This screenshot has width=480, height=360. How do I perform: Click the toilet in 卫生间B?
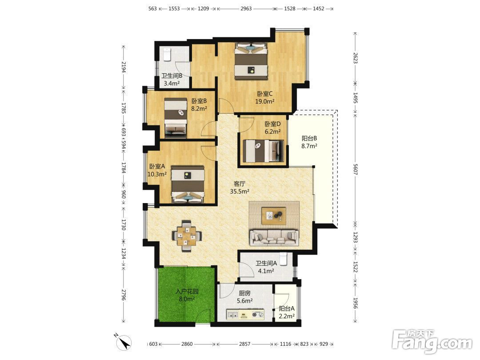[167, 55]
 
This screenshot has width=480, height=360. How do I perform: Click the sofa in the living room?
[274, 237]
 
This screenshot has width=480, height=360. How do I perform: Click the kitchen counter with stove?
[245, 314]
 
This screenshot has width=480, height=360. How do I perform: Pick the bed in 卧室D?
[263, 151]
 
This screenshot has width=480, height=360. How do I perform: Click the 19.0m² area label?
[265, 101]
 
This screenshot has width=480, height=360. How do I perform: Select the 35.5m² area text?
[240, 192]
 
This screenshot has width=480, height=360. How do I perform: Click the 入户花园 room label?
[187, 292]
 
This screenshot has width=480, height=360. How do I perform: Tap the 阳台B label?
[309, 138]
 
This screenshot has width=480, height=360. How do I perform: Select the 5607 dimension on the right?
[355, 169]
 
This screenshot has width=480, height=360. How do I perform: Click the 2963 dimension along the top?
[246, 8]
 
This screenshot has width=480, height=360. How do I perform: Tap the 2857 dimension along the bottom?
[244, 344]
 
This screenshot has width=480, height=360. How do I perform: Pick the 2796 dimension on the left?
[124, 295]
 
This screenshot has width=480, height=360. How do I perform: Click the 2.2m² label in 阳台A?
[287, 316]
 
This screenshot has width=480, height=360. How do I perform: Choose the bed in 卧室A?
[188, 184]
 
